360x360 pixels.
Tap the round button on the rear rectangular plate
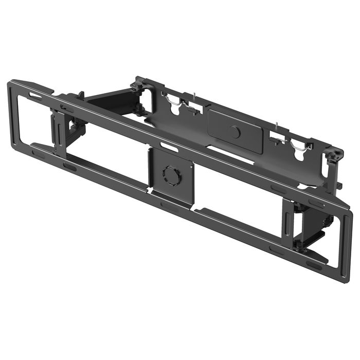point(235,132)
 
